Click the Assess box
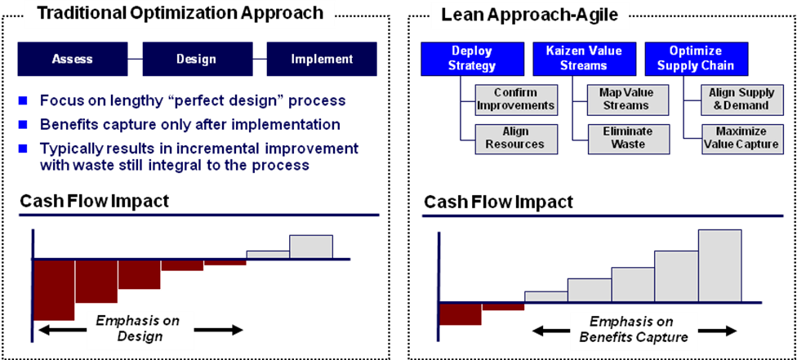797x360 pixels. pyautogui.click(x=72, y=59)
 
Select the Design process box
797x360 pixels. pyautogui.click(x=196, y=59)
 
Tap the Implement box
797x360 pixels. pyautogui.click(x=322, y=59)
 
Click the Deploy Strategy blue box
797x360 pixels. pyautogui.click(x=471, y=59)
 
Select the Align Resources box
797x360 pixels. pyautogui.click(x=515, y=138)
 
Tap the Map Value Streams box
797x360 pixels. pyautogui.click(x=626, y=100)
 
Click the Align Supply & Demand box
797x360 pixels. pyautogui.click(x=740, y=100)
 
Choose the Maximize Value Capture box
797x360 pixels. pyautogui.click(x=739, y=138)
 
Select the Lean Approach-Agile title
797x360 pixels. pyautogui.click(x=541, y=16)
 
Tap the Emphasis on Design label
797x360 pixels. pyautogui.click(x=138, y=328)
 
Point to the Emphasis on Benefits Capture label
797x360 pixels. pyautogui.click(x=634, y=329)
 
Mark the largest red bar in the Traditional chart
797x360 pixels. pyautogui.click(x=54, y=290)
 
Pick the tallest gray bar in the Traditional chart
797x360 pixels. pyautogui.click(x=311, y=247)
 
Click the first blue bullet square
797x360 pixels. pyautogui.click(x=23, y=101)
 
